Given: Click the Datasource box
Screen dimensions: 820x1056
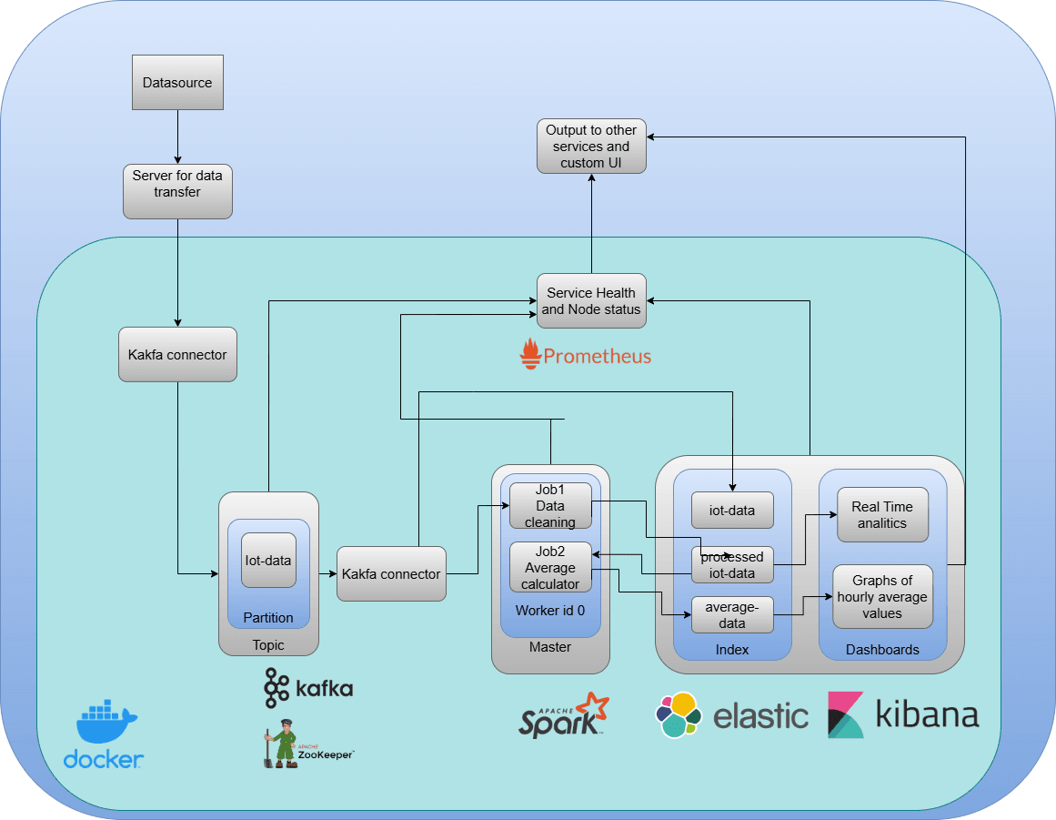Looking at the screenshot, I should [177, 83].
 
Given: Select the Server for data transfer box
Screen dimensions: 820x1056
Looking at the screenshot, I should [177, 191].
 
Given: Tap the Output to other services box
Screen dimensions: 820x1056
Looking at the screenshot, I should [591, 146].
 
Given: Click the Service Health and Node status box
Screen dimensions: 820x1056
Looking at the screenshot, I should [591, 301].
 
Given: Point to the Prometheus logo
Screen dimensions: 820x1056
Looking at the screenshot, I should [586, 354].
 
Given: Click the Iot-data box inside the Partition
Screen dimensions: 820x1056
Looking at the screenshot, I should [268, 561].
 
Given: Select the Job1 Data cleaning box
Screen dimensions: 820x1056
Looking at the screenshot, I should [550, 506].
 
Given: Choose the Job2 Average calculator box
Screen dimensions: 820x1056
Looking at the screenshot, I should [550, 567].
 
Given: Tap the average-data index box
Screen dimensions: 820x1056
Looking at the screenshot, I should [732, 615].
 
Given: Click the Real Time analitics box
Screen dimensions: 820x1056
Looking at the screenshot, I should [881, 515].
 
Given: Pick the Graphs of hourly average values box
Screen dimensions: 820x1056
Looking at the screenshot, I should [882, 597].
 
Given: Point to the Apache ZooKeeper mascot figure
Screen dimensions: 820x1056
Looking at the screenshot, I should [280, 744].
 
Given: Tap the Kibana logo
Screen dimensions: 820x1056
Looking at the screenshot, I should [902, 715].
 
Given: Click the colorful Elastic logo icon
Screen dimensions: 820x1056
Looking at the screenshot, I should [679, 715].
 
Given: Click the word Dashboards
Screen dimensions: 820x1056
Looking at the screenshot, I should [882, 650].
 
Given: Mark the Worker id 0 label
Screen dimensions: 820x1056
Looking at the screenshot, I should [550, 610].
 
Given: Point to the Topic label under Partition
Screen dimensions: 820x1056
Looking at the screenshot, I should [268, 645].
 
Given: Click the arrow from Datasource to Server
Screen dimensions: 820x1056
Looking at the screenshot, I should [177, 137].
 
